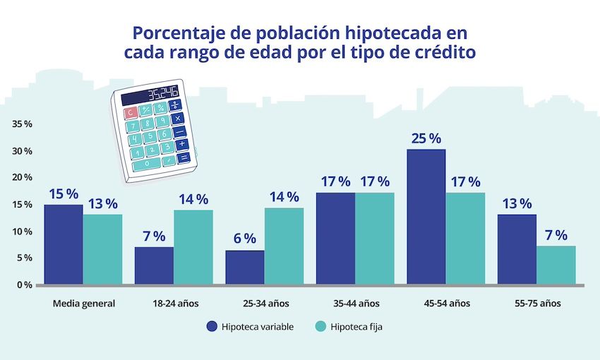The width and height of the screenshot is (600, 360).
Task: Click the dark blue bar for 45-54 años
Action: [426, 217]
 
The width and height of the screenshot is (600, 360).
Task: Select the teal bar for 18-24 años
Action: [193, 247]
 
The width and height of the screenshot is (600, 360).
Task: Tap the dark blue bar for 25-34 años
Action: [244, 268]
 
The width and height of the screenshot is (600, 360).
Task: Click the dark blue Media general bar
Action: [63, 244]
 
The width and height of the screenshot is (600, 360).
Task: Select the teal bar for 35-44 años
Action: [374, 238]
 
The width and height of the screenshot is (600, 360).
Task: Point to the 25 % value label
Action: [426, 138]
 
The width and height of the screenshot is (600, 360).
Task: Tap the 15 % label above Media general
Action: [64, 193]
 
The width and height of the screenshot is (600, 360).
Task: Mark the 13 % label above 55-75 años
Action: [517, 203]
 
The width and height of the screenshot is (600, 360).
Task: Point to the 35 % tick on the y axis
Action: [22, 124]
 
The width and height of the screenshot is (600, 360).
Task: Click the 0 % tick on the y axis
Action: [23, 284]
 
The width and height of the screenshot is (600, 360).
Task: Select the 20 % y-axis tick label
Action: [22, 178]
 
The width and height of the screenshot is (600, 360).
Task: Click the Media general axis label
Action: [83, 304]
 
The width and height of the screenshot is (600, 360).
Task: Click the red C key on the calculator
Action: [129, 112]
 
